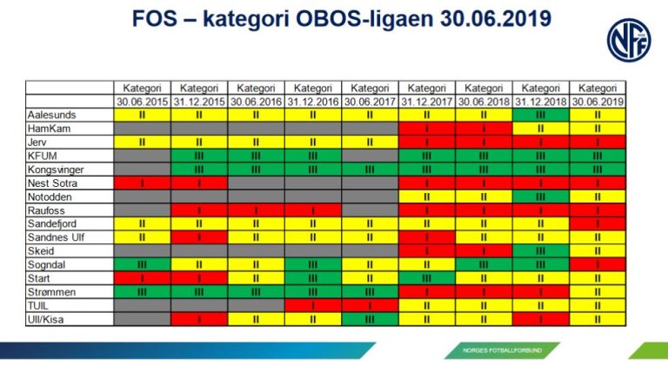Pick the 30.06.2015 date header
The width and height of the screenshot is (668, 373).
141,101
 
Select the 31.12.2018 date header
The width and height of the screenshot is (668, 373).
540,101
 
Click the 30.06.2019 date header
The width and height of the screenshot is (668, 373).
598,101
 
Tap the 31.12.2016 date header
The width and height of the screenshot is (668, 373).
312,101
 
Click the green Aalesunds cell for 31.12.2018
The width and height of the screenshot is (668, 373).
540,114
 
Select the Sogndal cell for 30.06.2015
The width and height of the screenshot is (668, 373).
141,264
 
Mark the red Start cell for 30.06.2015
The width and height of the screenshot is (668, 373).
141,278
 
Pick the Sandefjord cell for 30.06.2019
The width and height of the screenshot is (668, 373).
598,223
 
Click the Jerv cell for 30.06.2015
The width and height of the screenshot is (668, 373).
141,142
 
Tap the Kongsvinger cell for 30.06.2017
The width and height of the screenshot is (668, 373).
370,170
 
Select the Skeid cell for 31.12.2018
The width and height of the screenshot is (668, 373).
540,250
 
